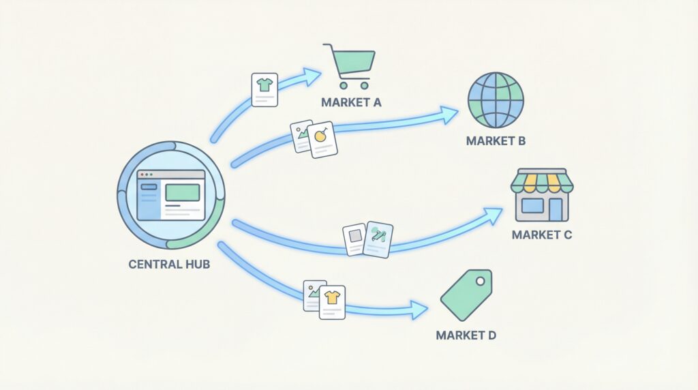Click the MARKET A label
click(352, 103)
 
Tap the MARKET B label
click(496, 141)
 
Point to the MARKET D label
click(466, 335)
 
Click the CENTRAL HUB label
click(169, 264)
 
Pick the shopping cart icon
click(350, 65)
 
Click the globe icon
click(496, 100)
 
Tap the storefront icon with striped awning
click(540, 195)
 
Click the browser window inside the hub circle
click(170, 194)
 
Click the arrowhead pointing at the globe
click(449, 115)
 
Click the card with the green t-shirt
click(264, 89)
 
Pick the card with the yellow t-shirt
click(332, 303)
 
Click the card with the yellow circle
click(322, 139)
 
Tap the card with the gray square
click(355, 239)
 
